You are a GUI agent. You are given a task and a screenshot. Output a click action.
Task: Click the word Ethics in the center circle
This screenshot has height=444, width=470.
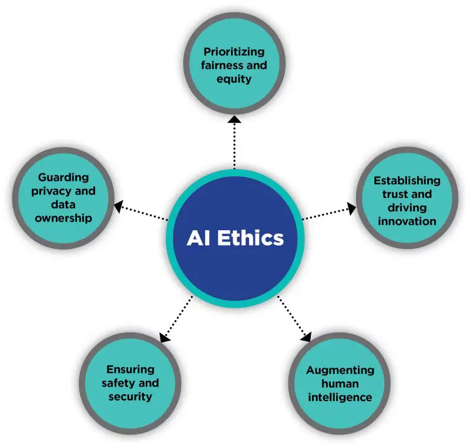[253, 238]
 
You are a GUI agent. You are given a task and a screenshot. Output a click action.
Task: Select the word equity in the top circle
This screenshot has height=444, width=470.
[234, 79]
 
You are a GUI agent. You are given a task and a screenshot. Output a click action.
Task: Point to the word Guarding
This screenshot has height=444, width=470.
[63, 177]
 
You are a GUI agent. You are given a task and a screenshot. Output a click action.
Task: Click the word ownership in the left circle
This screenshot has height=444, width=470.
[63, 218]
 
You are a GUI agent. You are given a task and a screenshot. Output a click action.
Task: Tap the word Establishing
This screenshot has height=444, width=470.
[407, 180]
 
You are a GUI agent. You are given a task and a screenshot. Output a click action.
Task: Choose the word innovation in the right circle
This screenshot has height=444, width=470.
[407, 221]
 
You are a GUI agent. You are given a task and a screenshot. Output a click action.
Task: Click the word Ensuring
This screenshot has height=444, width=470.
[130, 369]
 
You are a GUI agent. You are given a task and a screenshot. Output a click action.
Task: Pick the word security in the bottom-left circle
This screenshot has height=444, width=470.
[130, 396]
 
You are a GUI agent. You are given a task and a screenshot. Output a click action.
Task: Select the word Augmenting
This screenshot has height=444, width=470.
[340, 370]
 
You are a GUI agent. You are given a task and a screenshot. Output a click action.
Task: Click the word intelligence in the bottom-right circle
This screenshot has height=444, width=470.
[340, 398]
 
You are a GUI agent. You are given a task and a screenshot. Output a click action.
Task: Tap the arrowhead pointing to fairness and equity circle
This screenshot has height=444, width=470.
[234, 120]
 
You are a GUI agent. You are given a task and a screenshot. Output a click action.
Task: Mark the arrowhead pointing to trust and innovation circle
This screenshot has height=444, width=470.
[351, 207]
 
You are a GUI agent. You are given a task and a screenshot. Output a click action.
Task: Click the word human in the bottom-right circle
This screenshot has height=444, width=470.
[340, 384]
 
